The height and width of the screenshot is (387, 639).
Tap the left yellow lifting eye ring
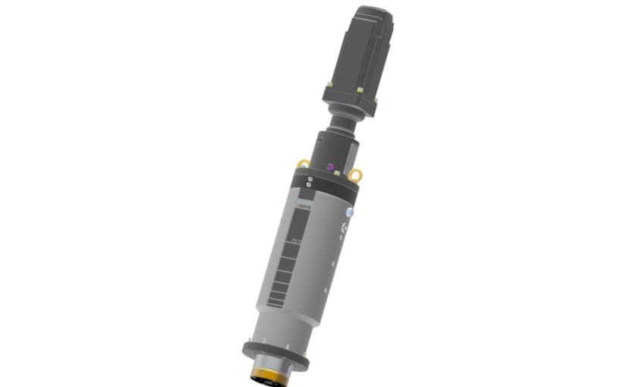click(303, 163)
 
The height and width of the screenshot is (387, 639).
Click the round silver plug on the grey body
click(350, 213)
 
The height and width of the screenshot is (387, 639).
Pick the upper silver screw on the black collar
click(310, 179)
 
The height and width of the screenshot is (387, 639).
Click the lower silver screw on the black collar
click(308, 185)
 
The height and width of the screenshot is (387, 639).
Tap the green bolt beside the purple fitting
click(336, 174)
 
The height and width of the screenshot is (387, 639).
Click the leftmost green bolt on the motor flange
click(328, 84)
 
